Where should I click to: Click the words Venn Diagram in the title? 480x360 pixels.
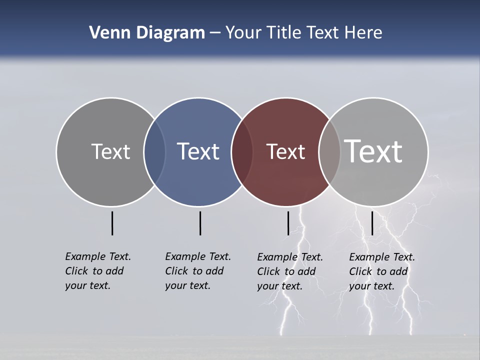click(x=147, y=33)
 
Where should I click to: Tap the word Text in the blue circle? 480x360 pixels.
click(x=198, y=151)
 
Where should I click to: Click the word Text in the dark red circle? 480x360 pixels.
click(x=285, y=151)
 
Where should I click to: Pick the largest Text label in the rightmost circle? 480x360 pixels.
click(x=373, y=151)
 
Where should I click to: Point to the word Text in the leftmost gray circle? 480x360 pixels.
click(x=110, y=151)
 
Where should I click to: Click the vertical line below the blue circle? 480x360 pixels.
click(x=200, y=223)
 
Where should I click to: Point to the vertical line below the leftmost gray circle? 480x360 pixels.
click(x=112, y=223)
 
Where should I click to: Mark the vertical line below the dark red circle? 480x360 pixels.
click(x=288, y=223)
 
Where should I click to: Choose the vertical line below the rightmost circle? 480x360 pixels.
click(x=372, y=223)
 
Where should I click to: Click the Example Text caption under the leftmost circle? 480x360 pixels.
click(x=98, y=271)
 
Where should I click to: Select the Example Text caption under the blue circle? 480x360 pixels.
click(x=198, y=271)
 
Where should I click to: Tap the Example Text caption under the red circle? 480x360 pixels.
click(x=290, y=271)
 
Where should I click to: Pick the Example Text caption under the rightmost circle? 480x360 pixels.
click(x=382, y=271)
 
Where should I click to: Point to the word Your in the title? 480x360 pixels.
click(x=244, y=33)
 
